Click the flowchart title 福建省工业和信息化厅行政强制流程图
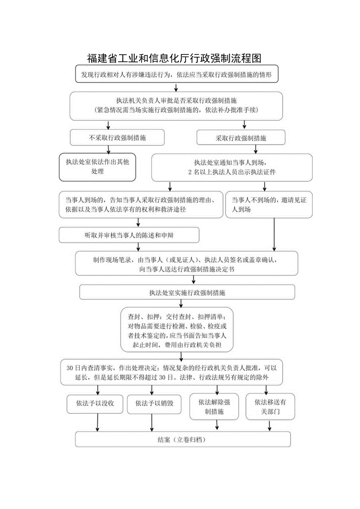174,58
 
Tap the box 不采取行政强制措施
117,138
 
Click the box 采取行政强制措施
241,138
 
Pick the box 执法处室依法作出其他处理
97,167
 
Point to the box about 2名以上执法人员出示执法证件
232,167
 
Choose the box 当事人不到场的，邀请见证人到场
268,205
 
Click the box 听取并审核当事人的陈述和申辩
129,235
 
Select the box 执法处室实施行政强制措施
187,292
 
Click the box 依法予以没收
95,404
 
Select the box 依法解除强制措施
214,406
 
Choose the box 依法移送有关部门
270,406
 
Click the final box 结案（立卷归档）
183,439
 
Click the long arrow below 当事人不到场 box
274,234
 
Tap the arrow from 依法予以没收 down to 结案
97,423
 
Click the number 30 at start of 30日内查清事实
70,368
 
